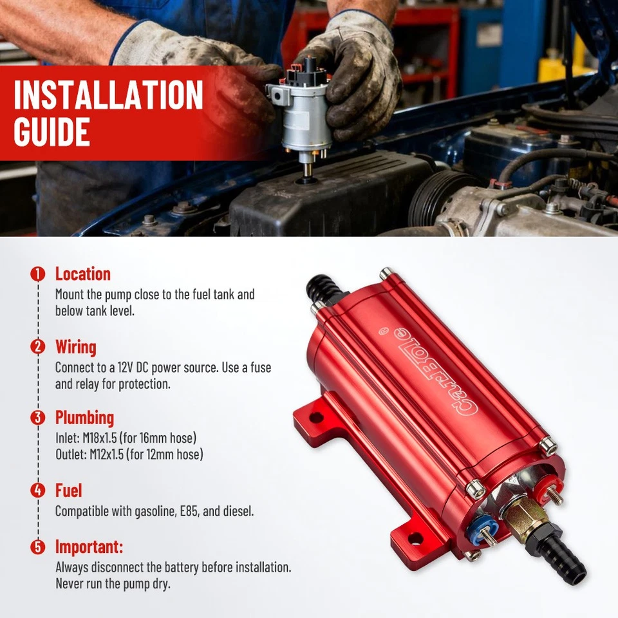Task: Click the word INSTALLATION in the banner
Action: (x=108, y=95)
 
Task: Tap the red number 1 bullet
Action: (x=39, y=274)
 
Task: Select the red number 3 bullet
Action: (x=39, y=417)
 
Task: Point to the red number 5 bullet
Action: (x=39, y=547)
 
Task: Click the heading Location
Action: (x=82, y=274)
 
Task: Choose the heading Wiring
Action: (x=75, y=347)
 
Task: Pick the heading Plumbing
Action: (x=84, y=417)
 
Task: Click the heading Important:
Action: (x=89, y=547)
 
